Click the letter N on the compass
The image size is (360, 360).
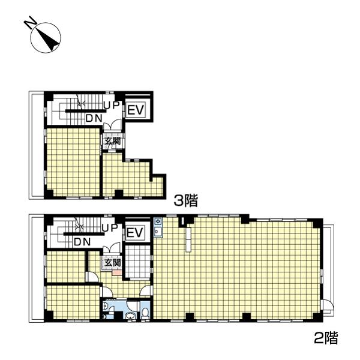pyautogui.click(x=31, y=22)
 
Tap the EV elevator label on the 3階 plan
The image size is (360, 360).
pyautogui.click(x=136, y=110)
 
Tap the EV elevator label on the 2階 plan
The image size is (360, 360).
pyautogui.click(x=135, y=233)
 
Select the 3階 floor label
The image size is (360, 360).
pyautogui.click(x=185, y=200)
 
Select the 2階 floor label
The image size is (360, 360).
pyautogui.click(x=326, y=338)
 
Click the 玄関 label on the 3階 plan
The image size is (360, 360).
pyautogui.click(x=113, y=141)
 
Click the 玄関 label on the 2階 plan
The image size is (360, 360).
pyautogui.click(x=113, y=263)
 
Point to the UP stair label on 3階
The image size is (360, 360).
pyautogui.click(x=112, y=105)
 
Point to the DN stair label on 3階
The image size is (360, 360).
pyautogui.click(x=94, y=118)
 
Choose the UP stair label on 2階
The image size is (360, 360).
pyautogui.click(x=110, y=228)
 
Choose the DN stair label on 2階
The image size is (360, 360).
pyautogui.click(x=82, y=242)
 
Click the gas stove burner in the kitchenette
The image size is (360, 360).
pyautogui.click(x=158, y=221)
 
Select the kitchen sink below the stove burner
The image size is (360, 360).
pyautogui.click(x=158, y=232)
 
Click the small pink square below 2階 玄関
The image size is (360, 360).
pyautogui.click(x=116, y=273)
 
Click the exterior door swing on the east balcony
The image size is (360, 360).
pyautogui.click(x=328, y=305)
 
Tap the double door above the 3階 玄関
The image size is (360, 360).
pyautogui.click(x=112, y=125)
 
